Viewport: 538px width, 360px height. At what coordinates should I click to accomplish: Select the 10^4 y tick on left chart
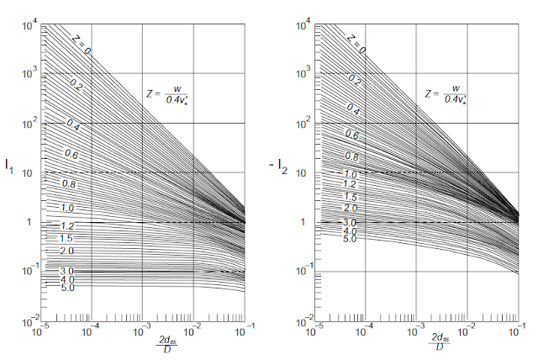pyautogui.click(x=28, y=25)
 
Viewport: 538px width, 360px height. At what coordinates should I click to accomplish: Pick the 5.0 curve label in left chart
pyautogui.click(x=68, y=288)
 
